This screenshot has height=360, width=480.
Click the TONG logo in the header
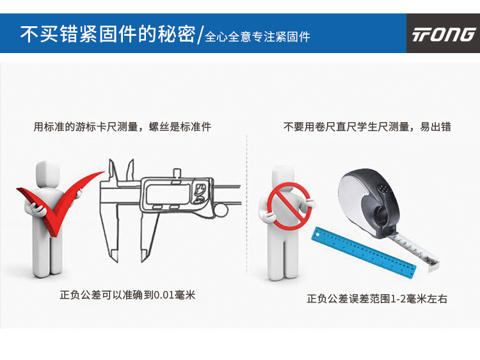pos(443,35)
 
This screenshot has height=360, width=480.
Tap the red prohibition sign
pos(289,206)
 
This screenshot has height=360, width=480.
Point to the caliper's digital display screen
pos(168,194)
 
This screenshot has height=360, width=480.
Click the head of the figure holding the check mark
pos(47,174)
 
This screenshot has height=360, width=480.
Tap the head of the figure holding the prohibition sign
pos(283,177)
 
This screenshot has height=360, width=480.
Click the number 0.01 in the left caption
pos(164,295)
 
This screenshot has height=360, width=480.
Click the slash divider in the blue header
pos(200,35)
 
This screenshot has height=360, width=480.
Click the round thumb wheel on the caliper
pos(221,211)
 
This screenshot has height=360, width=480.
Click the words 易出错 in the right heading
pos(435,127)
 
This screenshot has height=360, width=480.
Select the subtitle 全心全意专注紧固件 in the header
pos(257,37)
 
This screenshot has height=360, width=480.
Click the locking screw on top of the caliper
pos(177,175)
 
